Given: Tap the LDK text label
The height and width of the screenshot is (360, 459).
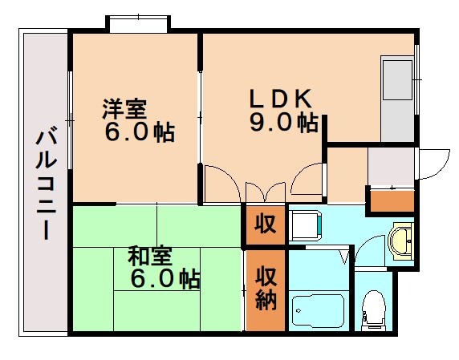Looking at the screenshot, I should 279,99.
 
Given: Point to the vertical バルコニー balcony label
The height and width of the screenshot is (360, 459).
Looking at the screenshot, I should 44,184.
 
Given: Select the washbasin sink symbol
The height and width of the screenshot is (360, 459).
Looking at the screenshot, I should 400,241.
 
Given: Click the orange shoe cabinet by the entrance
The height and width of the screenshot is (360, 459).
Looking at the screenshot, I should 391,200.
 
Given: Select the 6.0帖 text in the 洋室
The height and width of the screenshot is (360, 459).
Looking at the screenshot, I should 137,131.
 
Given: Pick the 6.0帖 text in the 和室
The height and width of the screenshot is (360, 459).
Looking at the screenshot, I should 165,280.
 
